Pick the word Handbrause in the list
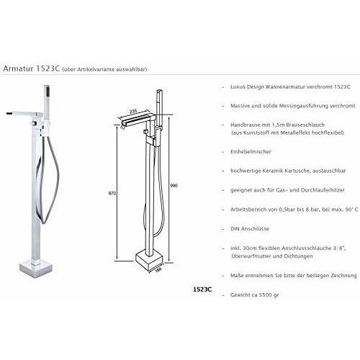pos(246,125)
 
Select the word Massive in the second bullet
pos(242,106)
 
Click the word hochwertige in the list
pos(248,170)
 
